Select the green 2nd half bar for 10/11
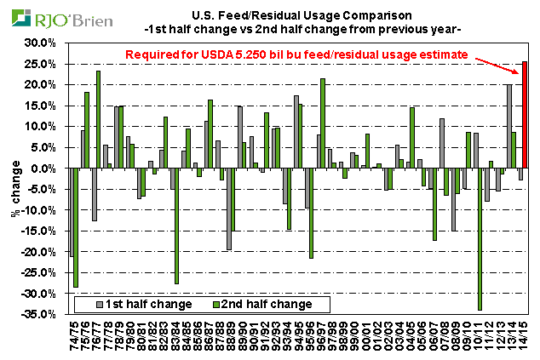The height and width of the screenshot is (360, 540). (480, 239)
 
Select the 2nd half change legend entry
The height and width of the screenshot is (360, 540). (263, 303)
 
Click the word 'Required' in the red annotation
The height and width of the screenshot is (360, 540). (156, 54)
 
